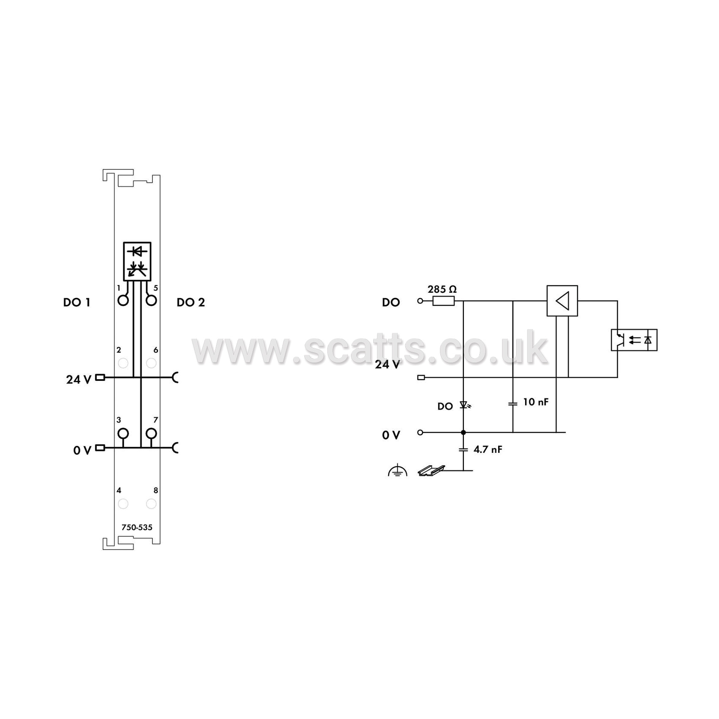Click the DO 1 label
coord(77,303)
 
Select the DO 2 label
coord(191,303)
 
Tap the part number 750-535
coord(137,527)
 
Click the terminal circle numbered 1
coord(123,300)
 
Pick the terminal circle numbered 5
coord(151,300)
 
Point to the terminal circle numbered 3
coord(123,434)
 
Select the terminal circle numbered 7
coord(151,434)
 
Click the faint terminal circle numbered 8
coord(151,504)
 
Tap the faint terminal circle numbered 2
coord(123,363)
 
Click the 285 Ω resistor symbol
coord(443,301)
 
